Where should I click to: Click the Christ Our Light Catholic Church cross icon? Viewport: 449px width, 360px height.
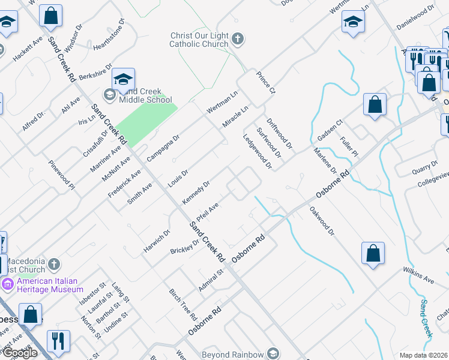(x=238, y=40)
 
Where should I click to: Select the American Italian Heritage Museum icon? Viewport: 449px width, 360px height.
(x=9, y=283)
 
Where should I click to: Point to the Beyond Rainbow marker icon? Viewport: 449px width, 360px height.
(x=274, y=354)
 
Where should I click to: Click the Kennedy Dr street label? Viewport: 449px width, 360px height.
(x=196, y=192)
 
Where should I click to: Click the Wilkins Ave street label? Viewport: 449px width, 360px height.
(x=418, y=275)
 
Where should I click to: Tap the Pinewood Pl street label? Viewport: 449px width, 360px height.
(x=61, y=175)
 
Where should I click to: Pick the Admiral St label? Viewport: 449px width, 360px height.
(x=211, y=280)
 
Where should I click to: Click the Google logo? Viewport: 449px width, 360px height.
(x=19, y=353)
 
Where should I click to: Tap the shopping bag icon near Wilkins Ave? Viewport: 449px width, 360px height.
(x=373, y=253)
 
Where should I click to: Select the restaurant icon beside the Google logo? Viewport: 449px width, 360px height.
(x=58, y=341)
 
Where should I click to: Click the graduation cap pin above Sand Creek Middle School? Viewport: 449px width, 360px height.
(x=123, y=80)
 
